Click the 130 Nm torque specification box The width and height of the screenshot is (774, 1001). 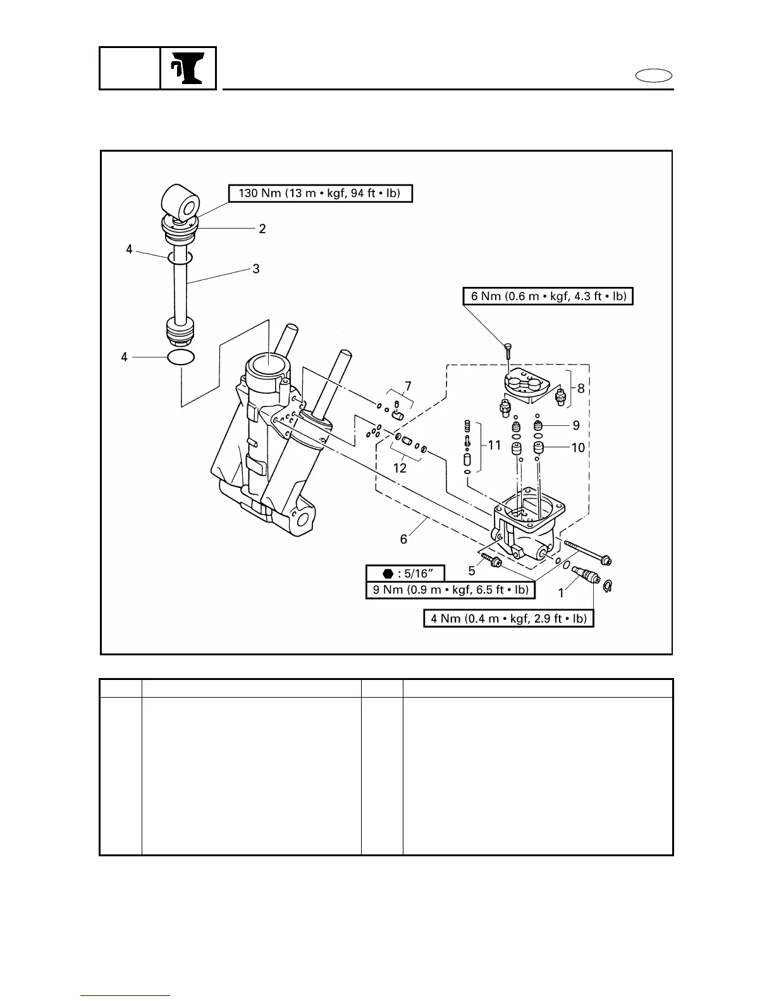(x=320, y=193)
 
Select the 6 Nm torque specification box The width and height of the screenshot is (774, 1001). (x=548, y=296)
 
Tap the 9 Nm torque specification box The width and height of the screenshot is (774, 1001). (x=450, y=590)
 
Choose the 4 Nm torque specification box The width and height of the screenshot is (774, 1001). (x=508, y=618)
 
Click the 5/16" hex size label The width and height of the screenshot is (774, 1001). (x=405, y=574)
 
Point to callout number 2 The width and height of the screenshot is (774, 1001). (x=262, y=229)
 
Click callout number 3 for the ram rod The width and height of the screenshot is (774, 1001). (x=256, y=269)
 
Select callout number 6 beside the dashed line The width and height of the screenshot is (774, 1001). (x=403, y=539)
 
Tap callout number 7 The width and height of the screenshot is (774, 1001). (x=408, y=385)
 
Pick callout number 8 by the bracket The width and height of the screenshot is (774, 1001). (x=580, y=389)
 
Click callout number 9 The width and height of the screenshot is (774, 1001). (x=576, y=425)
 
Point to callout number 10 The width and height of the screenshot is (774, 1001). (x=578, y=448)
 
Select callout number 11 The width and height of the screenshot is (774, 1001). (x=494, y=446)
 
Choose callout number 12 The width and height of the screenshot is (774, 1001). (x=400, y=468)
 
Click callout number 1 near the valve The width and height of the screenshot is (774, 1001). (x=561, y=593)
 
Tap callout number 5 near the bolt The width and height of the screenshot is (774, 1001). (x=472, y=571)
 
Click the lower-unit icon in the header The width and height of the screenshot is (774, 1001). (x=188, y=68)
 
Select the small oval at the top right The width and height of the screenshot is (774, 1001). (x=654, y=76)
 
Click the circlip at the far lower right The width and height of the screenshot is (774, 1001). (x=608, y=587)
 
